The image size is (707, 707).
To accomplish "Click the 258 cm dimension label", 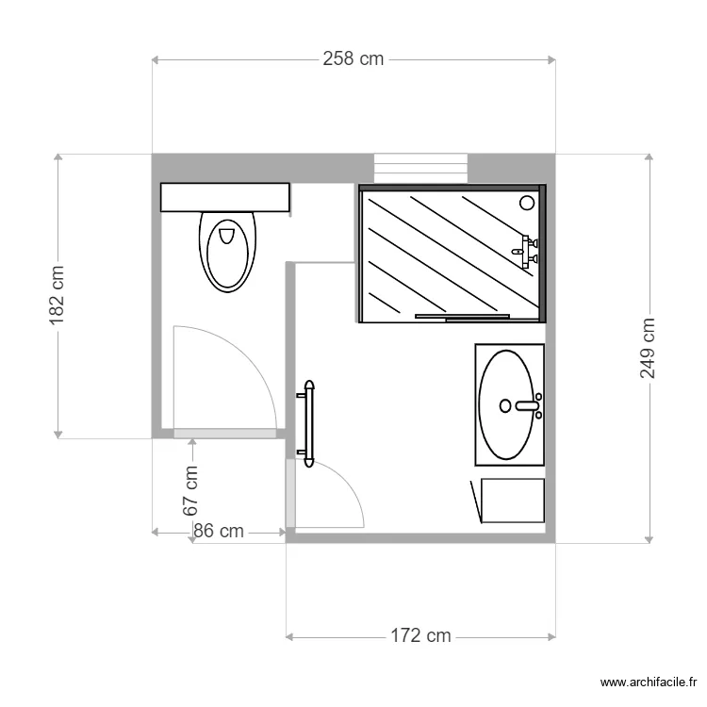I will pos(353,58).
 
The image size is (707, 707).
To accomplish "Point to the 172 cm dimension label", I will pos(420,636).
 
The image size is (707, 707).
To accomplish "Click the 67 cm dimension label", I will pos(191,490).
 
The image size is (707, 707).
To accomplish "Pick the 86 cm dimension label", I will pos(219,532).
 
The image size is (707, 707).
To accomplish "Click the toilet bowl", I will pos(227,252).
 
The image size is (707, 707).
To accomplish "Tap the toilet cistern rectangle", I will pos(224,197).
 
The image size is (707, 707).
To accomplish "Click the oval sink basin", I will pos(510,404).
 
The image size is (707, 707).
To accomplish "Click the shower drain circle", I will pos(527,201).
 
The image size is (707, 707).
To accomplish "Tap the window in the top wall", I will pos(420,167).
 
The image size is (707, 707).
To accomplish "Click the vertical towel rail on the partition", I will pos(308,424).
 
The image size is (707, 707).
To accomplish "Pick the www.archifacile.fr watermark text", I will pos(651,682).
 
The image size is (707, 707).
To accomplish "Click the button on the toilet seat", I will pos(226,235).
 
